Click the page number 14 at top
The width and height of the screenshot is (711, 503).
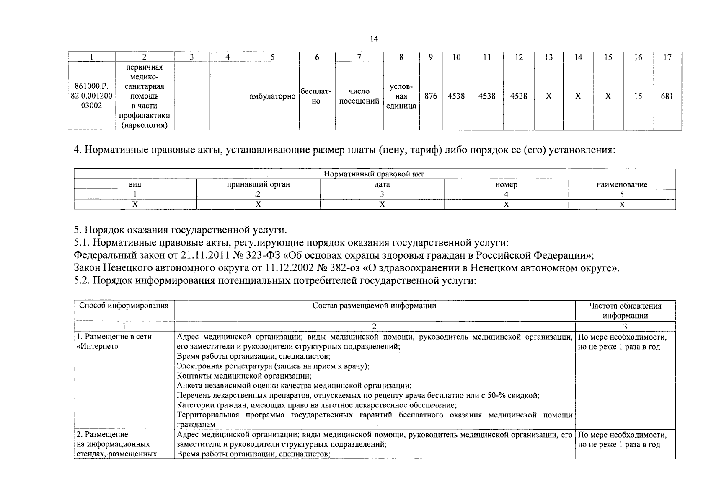[x=374, y=39]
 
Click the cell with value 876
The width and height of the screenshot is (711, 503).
[x=431, y=96]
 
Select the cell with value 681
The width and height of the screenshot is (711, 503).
[x=667, y=96]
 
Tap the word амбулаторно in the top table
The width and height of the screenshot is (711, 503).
[x=272, y=96]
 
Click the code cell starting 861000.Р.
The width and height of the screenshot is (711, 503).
[x=91, y=96]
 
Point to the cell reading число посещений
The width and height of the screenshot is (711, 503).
[x=359, y=96]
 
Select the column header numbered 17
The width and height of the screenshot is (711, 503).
[x=667, y=57]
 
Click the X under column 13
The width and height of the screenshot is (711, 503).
[x=548, y=96]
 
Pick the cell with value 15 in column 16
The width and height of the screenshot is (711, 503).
[x=638, y=96]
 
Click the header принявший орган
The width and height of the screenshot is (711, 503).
[x=258, y=184]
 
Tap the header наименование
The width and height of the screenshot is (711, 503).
[x=622, y=184]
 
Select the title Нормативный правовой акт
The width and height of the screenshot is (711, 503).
[x=374, y=174]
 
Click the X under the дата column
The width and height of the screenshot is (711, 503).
[x=382, y=205]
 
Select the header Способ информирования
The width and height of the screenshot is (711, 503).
[x=124, y=306]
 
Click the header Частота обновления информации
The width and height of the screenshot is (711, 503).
[x=625, y=311]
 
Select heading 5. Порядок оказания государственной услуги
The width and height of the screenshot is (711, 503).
[x=181, y=230]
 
